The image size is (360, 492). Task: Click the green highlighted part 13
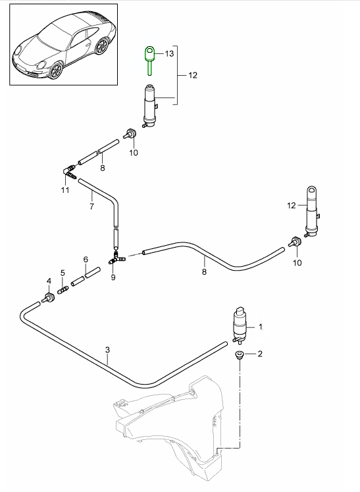[150, 56]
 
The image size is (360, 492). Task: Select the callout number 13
[169, 53]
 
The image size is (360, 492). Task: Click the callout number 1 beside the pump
[261, 326]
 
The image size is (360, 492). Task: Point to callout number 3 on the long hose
[107, 351]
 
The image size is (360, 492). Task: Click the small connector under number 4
[49, 299]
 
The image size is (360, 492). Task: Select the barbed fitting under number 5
[64, 288]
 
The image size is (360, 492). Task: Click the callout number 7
[92, 206]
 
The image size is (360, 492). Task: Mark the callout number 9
[113, 277]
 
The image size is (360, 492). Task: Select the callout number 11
[64, 191]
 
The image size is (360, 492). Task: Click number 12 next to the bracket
[192, 76]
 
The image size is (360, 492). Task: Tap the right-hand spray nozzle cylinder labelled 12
[312, 211]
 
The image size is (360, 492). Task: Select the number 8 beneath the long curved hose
[204, 271]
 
